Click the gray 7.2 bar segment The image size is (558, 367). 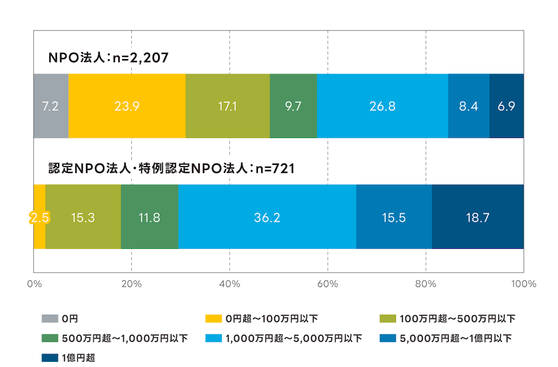pyautogui.click(x=51, y=106)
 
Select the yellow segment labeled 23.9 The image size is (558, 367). pyautogui.click(x=127, y=106)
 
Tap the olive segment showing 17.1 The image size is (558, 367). pyautogui.click(x=227, y=106)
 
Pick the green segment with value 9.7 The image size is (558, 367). pyautogui.click(x=293, y=106)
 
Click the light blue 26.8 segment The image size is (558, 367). pyautogui.click(x=382, y=106)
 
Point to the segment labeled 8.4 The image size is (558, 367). pyautogui.click(x=468, y=106)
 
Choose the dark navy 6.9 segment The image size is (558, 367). pyautogui.click(x=506, y=106)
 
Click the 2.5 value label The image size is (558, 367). pyautogui.click(x=39, y=217)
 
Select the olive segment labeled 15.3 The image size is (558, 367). pyautogui.click(x=83, y=217)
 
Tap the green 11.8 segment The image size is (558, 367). pyautogui.click(x=149, y=217)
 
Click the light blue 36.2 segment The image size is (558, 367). pyautogui.click(x=267, y=217)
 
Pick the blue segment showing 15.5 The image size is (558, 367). pyautogui.click(x=394, y=217)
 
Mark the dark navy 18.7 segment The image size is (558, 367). pyautogui.click(x=477, y=217)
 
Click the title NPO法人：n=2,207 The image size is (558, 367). pyautogui.click(x=108, y=57)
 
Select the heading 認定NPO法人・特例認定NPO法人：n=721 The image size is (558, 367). pyautogui.click(x=171, y=168)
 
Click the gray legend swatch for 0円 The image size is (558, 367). pyautogui.click(x=50, y=319)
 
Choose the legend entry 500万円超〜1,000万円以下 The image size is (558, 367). pyautogui.click(x=115, y=338)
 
